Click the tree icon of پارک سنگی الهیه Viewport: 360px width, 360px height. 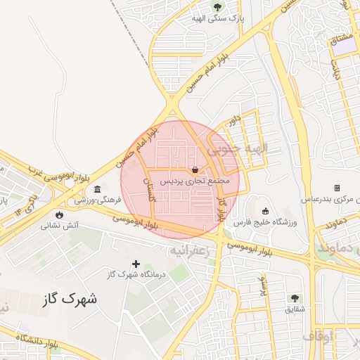point(217,8)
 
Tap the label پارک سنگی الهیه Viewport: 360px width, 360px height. point(217,19)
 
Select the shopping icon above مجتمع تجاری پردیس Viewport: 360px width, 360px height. point(194,169)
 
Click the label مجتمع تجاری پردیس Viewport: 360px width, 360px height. point(195,181)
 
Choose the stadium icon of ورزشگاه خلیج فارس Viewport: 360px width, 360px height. point(265,212)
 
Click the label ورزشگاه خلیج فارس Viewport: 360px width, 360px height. point(266,223)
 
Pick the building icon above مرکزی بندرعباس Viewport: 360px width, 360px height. point(337,188)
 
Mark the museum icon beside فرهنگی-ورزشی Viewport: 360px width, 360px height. point(96,191)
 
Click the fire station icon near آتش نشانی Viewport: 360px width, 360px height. point(58,214)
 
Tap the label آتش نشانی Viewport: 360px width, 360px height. point(59,226)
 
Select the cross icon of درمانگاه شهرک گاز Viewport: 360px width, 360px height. point(136,264)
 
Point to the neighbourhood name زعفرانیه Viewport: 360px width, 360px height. point(190,250)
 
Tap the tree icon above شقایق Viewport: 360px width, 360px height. point(295,298)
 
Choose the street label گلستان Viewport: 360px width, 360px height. point(149,192)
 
